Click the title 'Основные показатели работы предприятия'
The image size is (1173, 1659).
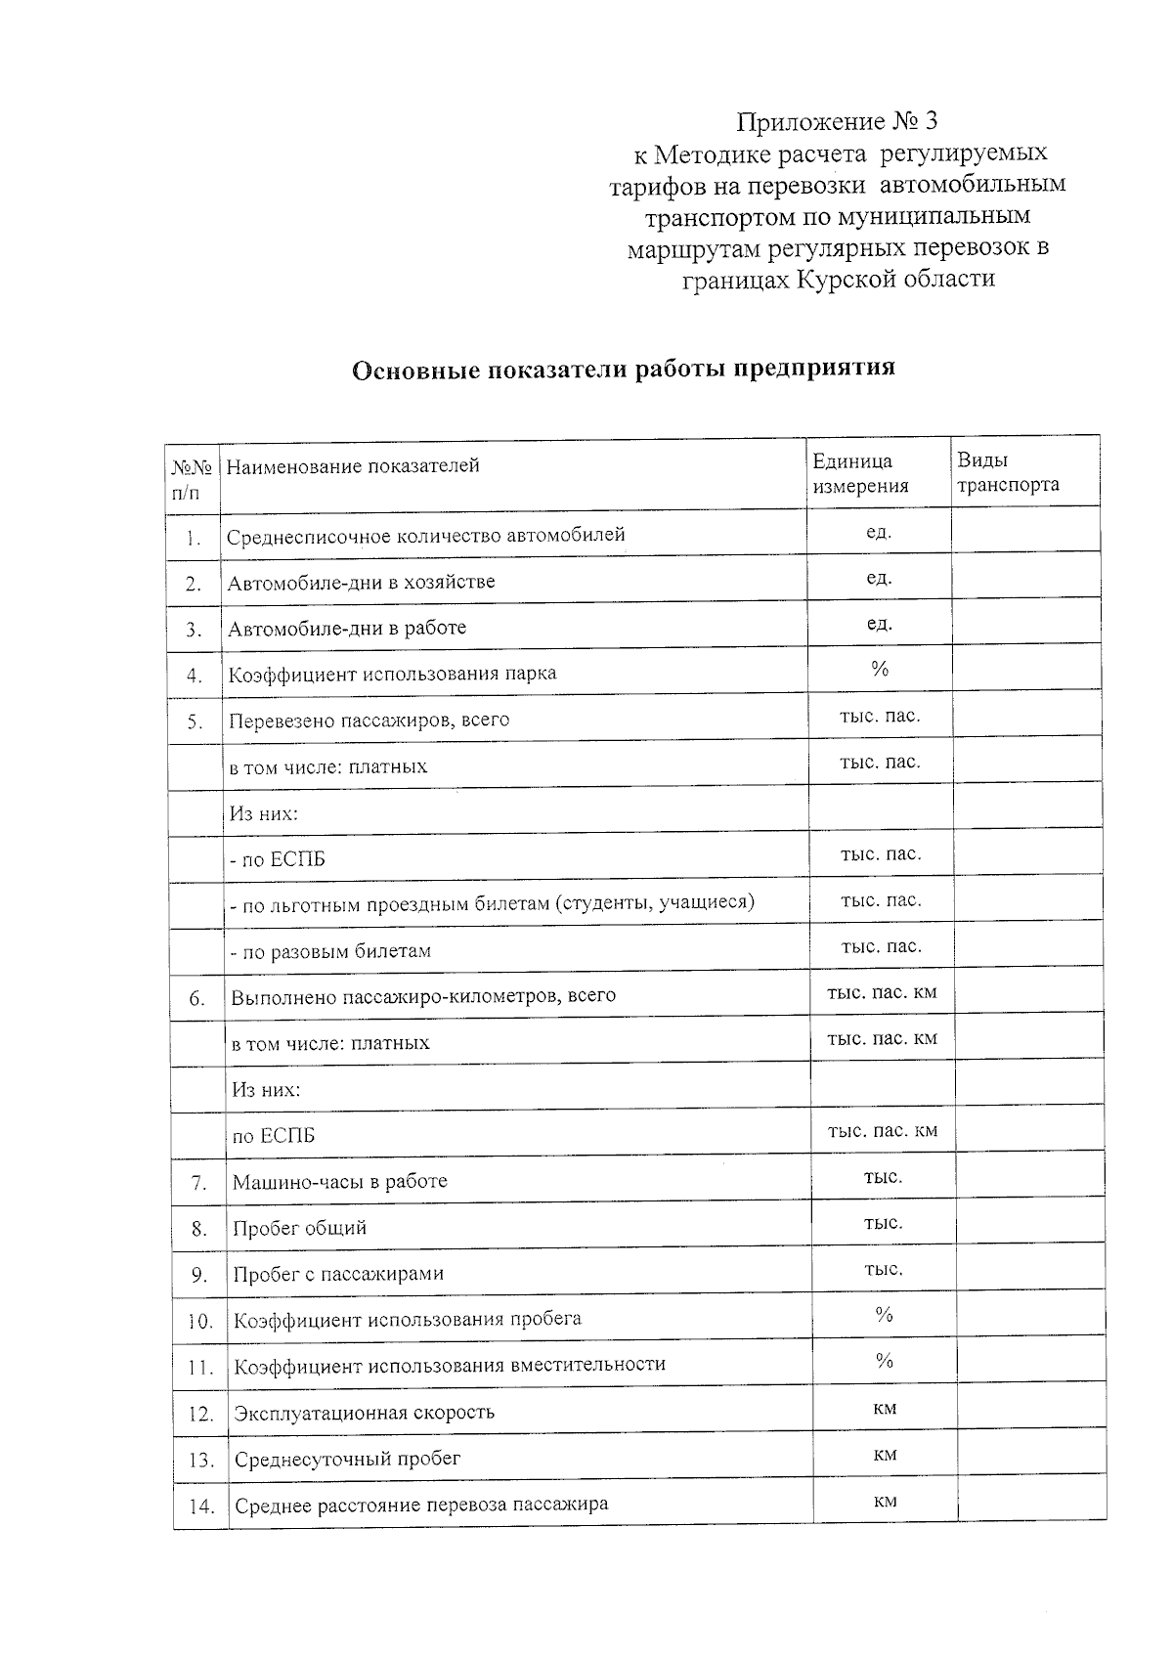click(x=623, y=369)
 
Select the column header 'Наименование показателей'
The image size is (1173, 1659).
click(x=353, y=466)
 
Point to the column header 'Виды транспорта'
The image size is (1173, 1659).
click(x=1007, y=472)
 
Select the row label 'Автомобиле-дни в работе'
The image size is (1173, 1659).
click(x=347, y=628)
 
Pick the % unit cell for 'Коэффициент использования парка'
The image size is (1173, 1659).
click(x=880, y=670)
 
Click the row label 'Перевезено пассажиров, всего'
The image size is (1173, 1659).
click(x=369, y=720)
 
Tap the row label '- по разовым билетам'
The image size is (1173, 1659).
click(x=330, y=951)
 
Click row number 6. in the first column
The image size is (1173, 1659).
click(x=197, y=998)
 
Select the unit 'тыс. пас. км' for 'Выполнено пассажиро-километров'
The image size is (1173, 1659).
click(x=882, y=992)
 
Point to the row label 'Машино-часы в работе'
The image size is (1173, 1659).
click(x=339, y=1181)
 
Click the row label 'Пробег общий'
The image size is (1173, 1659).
click(x=299, y=1228)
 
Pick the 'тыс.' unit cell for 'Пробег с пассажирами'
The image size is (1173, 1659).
click(x=883, y=1269)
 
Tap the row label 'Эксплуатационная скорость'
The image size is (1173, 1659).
click(x=364, y=1413)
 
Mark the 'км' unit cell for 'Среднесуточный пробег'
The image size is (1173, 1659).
click(x=885, y=1455)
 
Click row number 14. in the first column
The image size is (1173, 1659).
click(x=200, y=1506)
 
